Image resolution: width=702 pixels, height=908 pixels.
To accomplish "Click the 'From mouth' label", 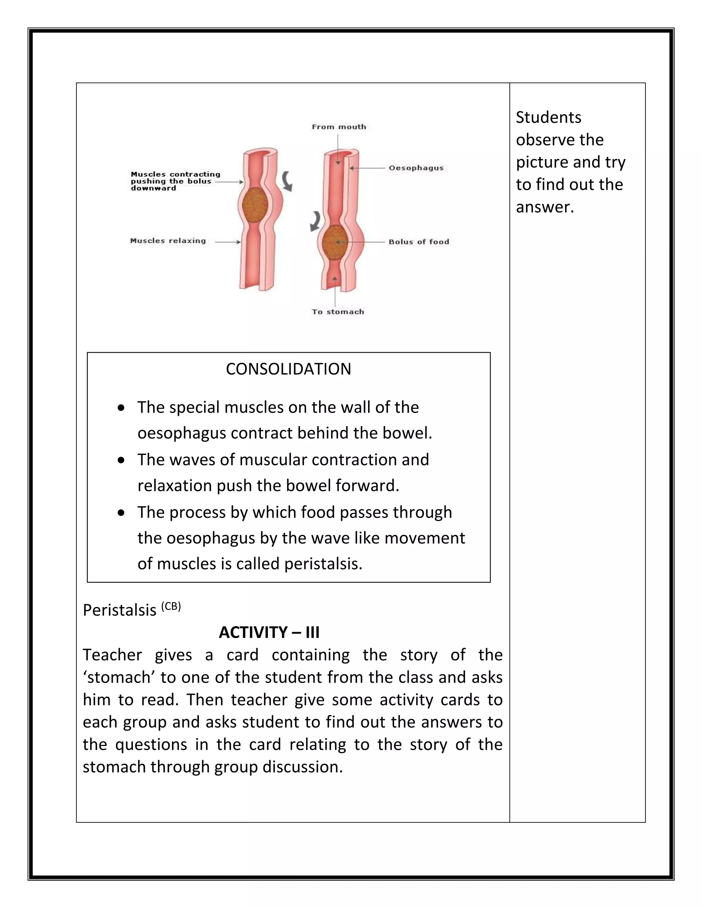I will coord(339,127).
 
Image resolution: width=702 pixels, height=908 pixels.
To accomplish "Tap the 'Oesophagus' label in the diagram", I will coord(416,168).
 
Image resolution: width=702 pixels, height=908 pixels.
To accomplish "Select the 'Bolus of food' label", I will coord(419,242).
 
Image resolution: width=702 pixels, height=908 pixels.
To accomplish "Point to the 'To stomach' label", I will coord(338,312).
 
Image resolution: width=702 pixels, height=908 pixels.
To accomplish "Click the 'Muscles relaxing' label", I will coord(168,241).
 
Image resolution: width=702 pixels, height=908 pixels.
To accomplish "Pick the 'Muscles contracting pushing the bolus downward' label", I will coord(175,181).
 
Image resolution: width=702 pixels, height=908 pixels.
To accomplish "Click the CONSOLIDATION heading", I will coord(288,369).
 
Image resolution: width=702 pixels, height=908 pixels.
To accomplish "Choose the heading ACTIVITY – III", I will coord(269,633).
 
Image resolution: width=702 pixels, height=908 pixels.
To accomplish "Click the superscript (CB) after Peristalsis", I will coord(171,606).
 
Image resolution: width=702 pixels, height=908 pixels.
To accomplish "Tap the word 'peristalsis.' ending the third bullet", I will coord(323,564).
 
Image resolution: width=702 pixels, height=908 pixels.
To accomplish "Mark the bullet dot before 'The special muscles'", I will coord(121,408).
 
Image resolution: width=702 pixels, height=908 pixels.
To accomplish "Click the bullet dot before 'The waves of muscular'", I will coord(121,461).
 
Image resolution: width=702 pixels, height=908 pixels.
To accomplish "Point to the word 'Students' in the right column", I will coord(548,118).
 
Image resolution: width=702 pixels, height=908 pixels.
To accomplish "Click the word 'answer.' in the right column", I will coord(545,207).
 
